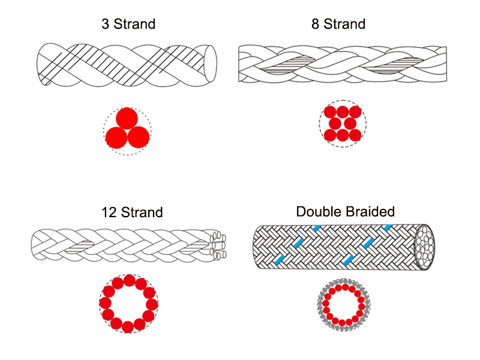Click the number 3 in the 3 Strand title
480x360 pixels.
pyautogui.click(x=106, y=24)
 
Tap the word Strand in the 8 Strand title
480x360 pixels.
pyautogui.click(x=344, y=24)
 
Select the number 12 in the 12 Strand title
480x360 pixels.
pyautogui.click(x=109, y=212)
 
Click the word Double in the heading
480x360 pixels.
pyautogui.click(x=317, y=212)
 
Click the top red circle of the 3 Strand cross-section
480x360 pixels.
pyautogui.click(x=127, y=118)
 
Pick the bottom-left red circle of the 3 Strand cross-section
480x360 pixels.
pyautogui.click(x=116, y=138)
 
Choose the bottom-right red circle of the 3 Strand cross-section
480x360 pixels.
pyautogui.click(x=139, y=137)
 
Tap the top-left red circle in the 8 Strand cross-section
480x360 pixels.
pyautogui.click(x=330, y=112)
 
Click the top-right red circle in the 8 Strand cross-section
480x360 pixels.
pyautogui.click(x=355, y=112)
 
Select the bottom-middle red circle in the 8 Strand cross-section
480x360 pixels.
pyautogui.click(x=343, y=136)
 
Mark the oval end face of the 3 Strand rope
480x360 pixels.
pyautogui.click(x=211, y=64)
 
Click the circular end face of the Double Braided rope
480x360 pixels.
pyautogui.click(x=424, y=247)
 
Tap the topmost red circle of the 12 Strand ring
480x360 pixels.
pyautogui.click(x=129, y=280)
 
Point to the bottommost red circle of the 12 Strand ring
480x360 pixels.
pyautogui.click(x=128, y=327)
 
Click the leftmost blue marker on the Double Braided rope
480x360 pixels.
pyautogui.click(x=279, y=260)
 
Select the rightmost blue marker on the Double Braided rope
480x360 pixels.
pyautogui.click(x=388, y=227)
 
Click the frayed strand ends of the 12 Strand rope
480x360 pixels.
pyautogui.click(x=218, y=245)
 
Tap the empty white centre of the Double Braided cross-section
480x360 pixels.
pyautogui.click(x=344, y=305)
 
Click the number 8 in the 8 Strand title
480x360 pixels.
pyautogui.click(x=316, y=24)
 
